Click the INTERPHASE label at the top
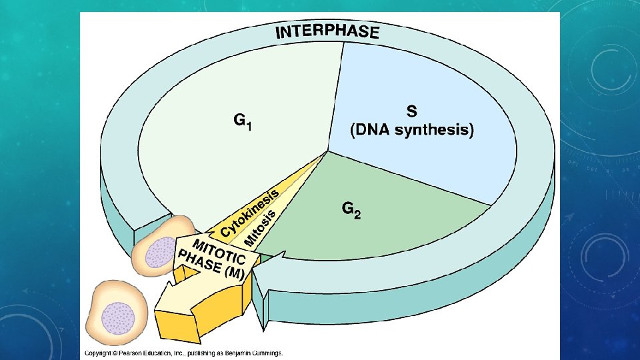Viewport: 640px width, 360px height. coord(327,31)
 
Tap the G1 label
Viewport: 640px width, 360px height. coord(241,122)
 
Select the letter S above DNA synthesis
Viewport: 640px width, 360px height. coord(411,111)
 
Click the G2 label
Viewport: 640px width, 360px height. coord(351,211)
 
